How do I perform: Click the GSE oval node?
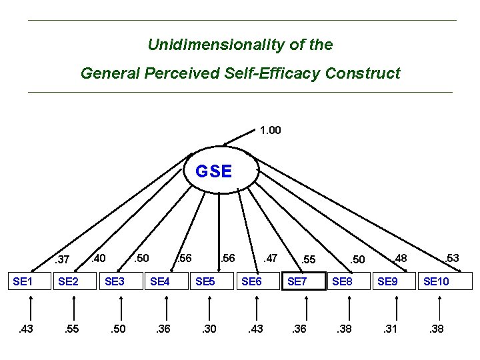pyautogui.click(x=214, y=171)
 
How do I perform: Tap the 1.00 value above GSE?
pyautogui.click(x=270, y=130)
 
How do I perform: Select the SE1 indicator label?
pyautogui.click(x=23, y=282)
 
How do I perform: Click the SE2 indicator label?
pyautogui.click(x=68, y=282)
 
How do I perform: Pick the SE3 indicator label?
pyautogui.click(x=115, y=282)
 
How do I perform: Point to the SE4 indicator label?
pyautogui.click(x=160, y=282)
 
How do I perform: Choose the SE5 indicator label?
pyautogui.click(x=205, y=282)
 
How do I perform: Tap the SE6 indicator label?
pyautogui.click(x=251, y=282)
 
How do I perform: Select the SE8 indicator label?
pyautogui.click(x=342, y=282)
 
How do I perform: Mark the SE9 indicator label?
pyautogui.click(x=388, y=282)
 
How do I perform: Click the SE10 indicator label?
pyautogui.click(x=436, y=282)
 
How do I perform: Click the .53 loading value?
pyautogui.click(x=451, y=258)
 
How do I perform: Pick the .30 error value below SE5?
pyautogui.click(x=209, y=329)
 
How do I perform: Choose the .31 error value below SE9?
pyautogui.click(x=391, y=329)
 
